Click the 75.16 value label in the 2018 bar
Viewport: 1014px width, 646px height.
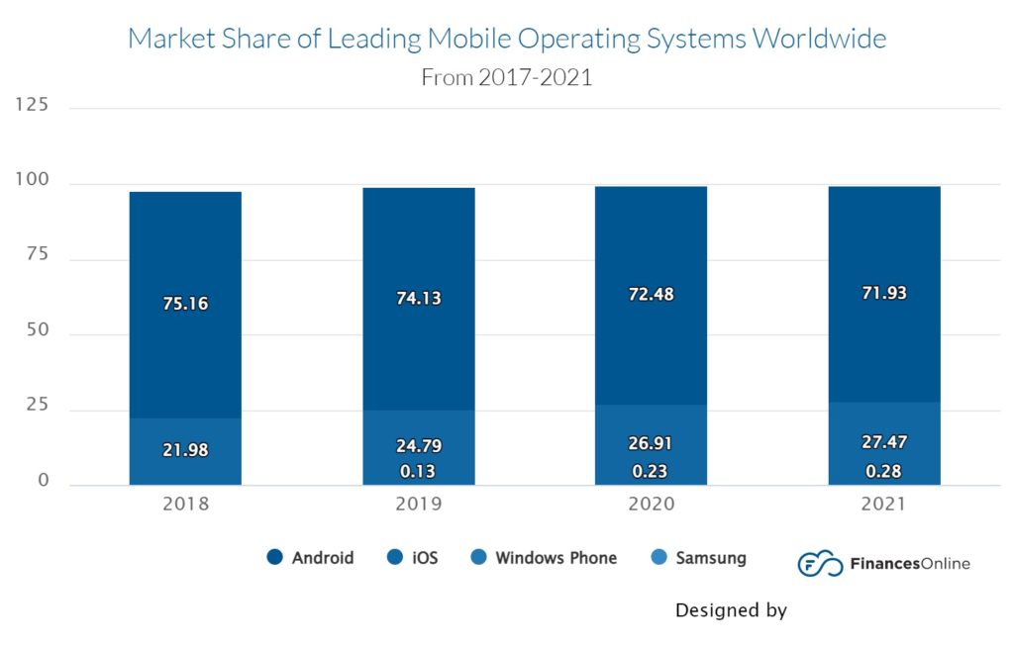tap(185, 304)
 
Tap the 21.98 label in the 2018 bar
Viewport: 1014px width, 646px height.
tap(185, 450)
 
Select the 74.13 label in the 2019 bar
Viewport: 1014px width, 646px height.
tap(418, 299)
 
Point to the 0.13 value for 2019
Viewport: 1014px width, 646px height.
tap(418, 471)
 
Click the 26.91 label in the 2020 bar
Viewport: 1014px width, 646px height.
tap(651, 443)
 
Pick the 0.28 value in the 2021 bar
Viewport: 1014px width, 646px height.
tap(884, 471)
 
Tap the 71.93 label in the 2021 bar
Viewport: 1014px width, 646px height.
tap(884, 293)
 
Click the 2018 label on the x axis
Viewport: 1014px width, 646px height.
tap(185, 504)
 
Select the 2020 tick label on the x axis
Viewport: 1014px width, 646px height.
tap(651, 504)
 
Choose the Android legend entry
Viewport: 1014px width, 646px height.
tap(311, 558)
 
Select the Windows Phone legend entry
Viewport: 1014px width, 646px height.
tap(544, 558)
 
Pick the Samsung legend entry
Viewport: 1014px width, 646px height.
tap(698, 558)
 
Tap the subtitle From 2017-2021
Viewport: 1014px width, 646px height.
tap(506, 77)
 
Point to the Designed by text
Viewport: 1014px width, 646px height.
tap(731, 610)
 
